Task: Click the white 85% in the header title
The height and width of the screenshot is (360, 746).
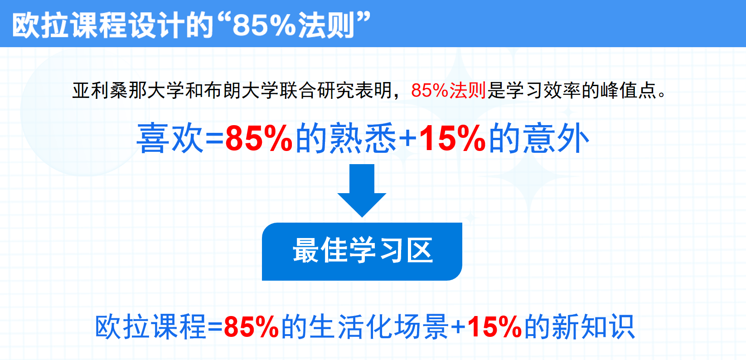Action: pyautogui.click(x=264, y=25)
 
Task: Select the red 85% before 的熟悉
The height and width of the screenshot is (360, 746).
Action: pyautogui.click(x=259, y=138)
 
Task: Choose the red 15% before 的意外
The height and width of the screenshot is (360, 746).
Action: pyautogui.click(x=452, y=138)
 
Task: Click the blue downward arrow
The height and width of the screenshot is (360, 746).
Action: pyautogui.click(x=362, y=190)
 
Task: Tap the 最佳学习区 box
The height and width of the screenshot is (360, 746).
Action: pyautogui.click(x=362, y=252)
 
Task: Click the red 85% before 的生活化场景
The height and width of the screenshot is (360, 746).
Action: pyautogui.click(x=251, y=327)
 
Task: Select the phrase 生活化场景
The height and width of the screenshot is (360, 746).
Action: pyautogui.click(x=378, y=327)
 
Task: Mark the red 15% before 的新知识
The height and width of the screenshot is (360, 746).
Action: pyautogui.click(x=494, y=327)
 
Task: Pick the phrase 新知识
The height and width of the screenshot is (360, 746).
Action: pyautogui.click(x=593, y=327)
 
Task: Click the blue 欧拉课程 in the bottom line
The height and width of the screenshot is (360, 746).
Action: pyautogui.click(x=150, y=327)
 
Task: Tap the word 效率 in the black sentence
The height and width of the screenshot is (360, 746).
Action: pyautogui.click(x=562, y=90)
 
